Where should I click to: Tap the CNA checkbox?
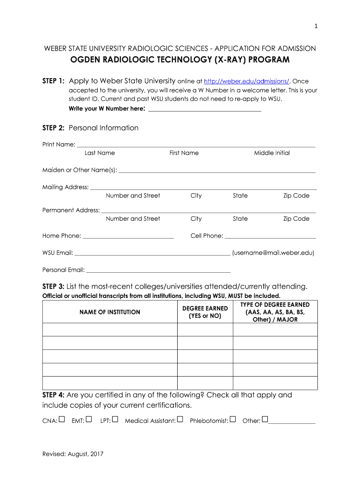[x=62, y=419]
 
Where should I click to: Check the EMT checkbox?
[x=89, y=419]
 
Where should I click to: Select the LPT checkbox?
[x=115, y=419]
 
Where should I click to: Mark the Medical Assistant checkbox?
[x=180, y=419]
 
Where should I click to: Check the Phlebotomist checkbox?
[x=233, y=419]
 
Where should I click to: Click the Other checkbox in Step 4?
[x=265, y=419]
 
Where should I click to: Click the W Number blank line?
[x=204, y=110]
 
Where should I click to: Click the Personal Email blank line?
[x=158, y=271]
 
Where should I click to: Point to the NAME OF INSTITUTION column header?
[x=110, y=312]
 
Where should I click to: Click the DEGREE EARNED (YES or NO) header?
[x=205, y=312]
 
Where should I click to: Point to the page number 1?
[x=316, y=26]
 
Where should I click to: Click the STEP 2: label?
[x=53, y=128]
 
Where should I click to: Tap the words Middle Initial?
[x=272, y=153]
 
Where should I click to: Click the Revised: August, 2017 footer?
[x=72, y=454]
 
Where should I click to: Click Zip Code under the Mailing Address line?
[x=296, y=196]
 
